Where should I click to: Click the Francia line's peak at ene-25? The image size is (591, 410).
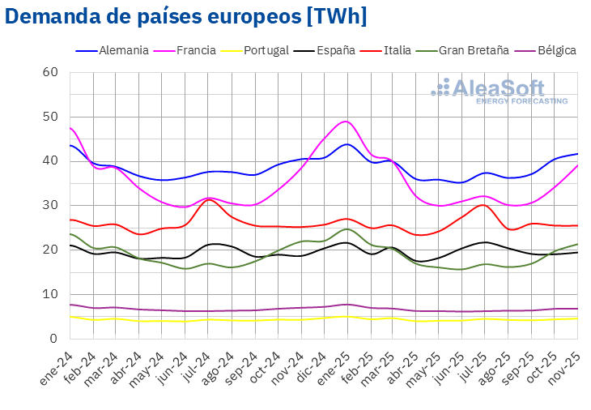click(x=347, y=122)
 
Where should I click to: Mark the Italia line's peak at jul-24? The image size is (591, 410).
click(x=210, y=199)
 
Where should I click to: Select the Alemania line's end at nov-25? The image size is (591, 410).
click(x=577, y=154)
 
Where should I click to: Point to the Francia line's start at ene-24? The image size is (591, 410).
click(x=70, y=127)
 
